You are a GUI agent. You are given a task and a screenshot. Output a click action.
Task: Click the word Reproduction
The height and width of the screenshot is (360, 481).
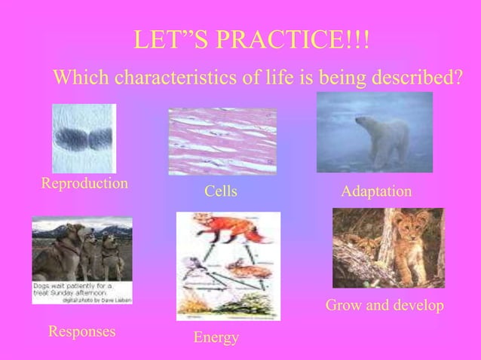(x=84, y=184)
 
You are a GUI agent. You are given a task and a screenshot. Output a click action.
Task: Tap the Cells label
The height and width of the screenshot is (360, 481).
(x=221, y=193)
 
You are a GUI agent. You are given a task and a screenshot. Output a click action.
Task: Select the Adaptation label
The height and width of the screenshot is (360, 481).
(x=376, y=193)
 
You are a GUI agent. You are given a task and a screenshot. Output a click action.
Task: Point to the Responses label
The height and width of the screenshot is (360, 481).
(x=81, y=331)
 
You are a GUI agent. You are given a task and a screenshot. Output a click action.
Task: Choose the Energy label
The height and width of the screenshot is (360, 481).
(x=216, y=338)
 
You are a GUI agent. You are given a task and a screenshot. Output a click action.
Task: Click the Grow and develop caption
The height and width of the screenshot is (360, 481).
(x=384, y=307)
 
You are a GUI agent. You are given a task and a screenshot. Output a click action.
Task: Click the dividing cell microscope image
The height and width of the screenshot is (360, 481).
(x=83, y=139)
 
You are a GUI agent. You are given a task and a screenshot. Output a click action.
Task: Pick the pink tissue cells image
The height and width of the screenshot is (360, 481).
(x=222, y=142)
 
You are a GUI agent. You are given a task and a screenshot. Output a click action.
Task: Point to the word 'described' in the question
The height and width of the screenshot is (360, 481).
(x=412, y=77)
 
